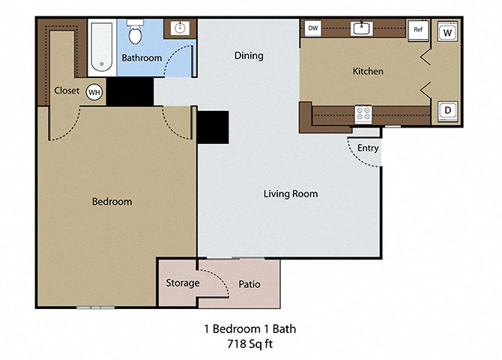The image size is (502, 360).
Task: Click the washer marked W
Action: pyautogui.click(x=447, y=32)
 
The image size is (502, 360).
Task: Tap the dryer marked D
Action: pyautogui.click(x=447, y=111)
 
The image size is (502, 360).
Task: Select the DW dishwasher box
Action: pyautogui.click(x=313, y=29)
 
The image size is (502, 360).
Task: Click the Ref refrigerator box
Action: pyautogui.click(x=417, y=30)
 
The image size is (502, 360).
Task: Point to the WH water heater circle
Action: pyautogui.click(x=94, y=91)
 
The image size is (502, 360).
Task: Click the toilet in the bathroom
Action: pyautogui.click(x=136, y=34)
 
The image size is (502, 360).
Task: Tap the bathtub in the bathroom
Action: pyautogui.click(x=100, y=46)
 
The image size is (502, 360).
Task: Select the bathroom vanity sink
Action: pyautogui.click(x=180, y=29)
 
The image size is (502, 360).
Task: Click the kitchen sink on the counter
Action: pyautogui.click(x=362, y=29)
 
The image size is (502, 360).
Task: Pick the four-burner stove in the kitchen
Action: pyautogui.click(x=363, y=114)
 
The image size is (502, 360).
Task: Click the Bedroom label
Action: pyautogui.click(x=112, y=201)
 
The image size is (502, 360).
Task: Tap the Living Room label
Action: pyautogui.click(x=290, y=193)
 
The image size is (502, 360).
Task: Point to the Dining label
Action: pyautogui.click(x=249, y=55)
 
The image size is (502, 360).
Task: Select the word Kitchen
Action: pyautogui.click(x=368, y=71)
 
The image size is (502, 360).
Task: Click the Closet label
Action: pyautogui.click(x=67, y=91)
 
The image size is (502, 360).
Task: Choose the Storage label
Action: pyautogui.click(x=182, y=283)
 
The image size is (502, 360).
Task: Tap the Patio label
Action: pyautogui.click(x=249, y=284)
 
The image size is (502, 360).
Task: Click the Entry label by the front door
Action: pyautogui.click(x=367, y=148)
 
